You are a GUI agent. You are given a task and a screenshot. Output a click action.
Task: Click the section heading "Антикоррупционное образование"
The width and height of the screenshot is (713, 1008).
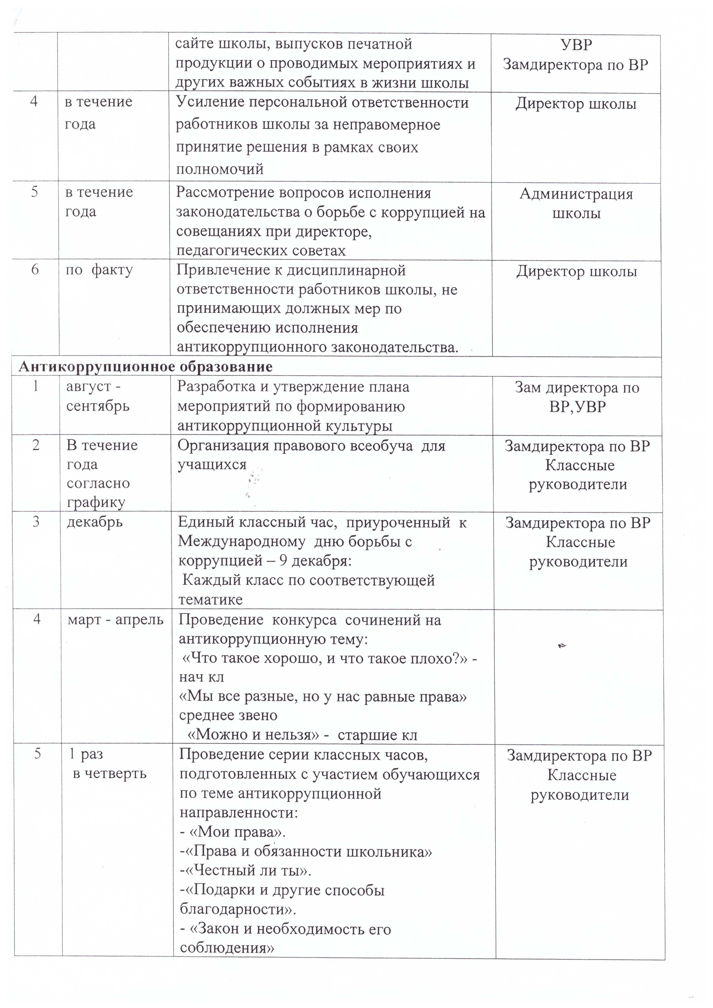(x=145, y=366)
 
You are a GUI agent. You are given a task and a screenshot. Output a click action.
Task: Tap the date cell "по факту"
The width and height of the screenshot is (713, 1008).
(x=99, y=270)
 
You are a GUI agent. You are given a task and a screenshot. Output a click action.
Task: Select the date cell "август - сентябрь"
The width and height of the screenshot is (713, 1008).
(x=97, y=396)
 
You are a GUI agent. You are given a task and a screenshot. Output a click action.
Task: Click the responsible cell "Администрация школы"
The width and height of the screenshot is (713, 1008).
(x=576, y=204)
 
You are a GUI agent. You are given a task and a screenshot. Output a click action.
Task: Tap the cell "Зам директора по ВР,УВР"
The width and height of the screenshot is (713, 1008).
(x=577, y=397)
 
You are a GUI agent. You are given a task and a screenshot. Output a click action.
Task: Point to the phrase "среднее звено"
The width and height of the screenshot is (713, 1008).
(x=228, y=715)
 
